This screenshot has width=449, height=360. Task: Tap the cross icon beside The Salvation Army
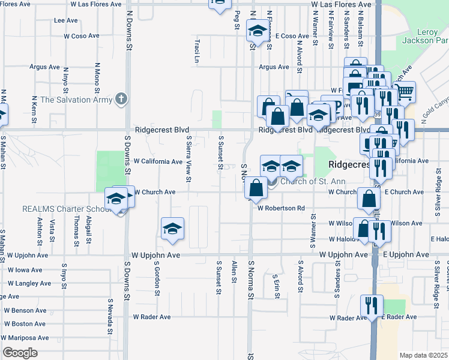(121, 98)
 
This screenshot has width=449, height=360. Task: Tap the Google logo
(19, 353)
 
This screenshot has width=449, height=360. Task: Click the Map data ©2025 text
(423, 355)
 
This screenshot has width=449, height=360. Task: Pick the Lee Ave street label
(66, 20)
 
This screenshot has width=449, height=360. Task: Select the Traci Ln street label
(196, 52)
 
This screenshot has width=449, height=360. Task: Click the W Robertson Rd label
(282, 208)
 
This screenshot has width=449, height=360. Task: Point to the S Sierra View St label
(188, 158)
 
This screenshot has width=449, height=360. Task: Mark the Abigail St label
(88, 231)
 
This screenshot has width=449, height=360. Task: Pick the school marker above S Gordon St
(172, 229)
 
